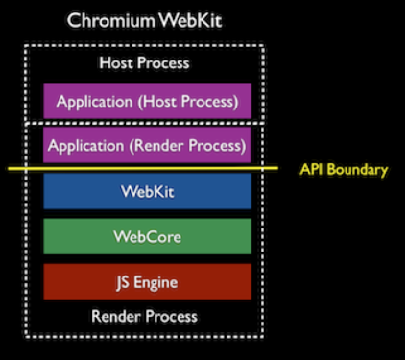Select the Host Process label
(x=145, y=63)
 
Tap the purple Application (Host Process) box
(x=147, y=100)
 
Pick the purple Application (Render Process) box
(x=147, y=147)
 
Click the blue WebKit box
(x=147, y=191)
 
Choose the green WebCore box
(x=147, y=236)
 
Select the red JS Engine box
(x=147, y=281)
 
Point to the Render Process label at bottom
(x=145, y=316)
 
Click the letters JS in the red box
(x=123, y=281)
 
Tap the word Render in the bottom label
(x=113, y=316)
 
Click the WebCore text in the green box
(x=147, y=236)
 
